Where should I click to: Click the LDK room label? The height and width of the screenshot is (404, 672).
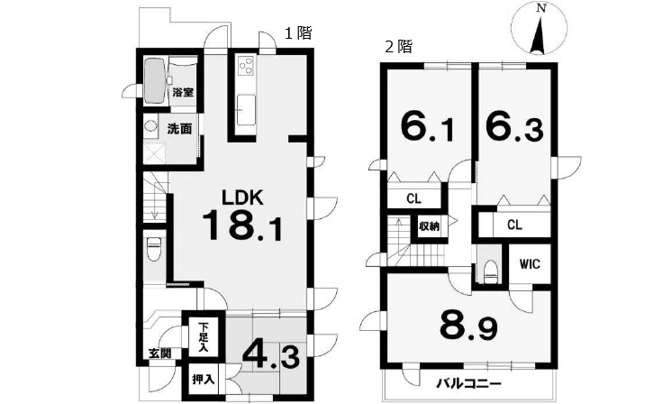[x=242, y=197]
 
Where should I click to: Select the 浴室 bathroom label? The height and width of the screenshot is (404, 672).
[x=183, y=92]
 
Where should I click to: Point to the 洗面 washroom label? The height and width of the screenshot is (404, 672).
[x=179, y=129]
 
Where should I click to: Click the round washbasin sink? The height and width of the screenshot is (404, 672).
[x=150, y=126]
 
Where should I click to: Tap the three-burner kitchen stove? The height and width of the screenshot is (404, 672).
[x=247, y=66]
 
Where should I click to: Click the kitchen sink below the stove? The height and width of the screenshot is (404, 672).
[x=247, y=110]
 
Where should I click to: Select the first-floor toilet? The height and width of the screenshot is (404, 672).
[x=153, y=249]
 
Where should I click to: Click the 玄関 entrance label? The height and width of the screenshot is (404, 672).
[x=160, y=353]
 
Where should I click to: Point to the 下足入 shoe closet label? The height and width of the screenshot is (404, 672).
[x=204, y=336]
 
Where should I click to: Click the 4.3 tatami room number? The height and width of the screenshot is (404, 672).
[x=271, y=355]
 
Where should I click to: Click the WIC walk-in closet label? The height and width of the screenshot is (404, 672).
[x=530, y=264]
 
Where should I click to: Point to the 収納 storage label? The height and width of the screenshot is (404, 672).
[x=429, y=226]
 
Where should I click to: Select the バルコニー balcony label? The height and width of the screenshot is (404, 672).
[x=468, y=383]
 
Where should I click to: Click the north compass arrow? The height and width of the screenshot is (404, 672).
[x=540, y=35]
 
